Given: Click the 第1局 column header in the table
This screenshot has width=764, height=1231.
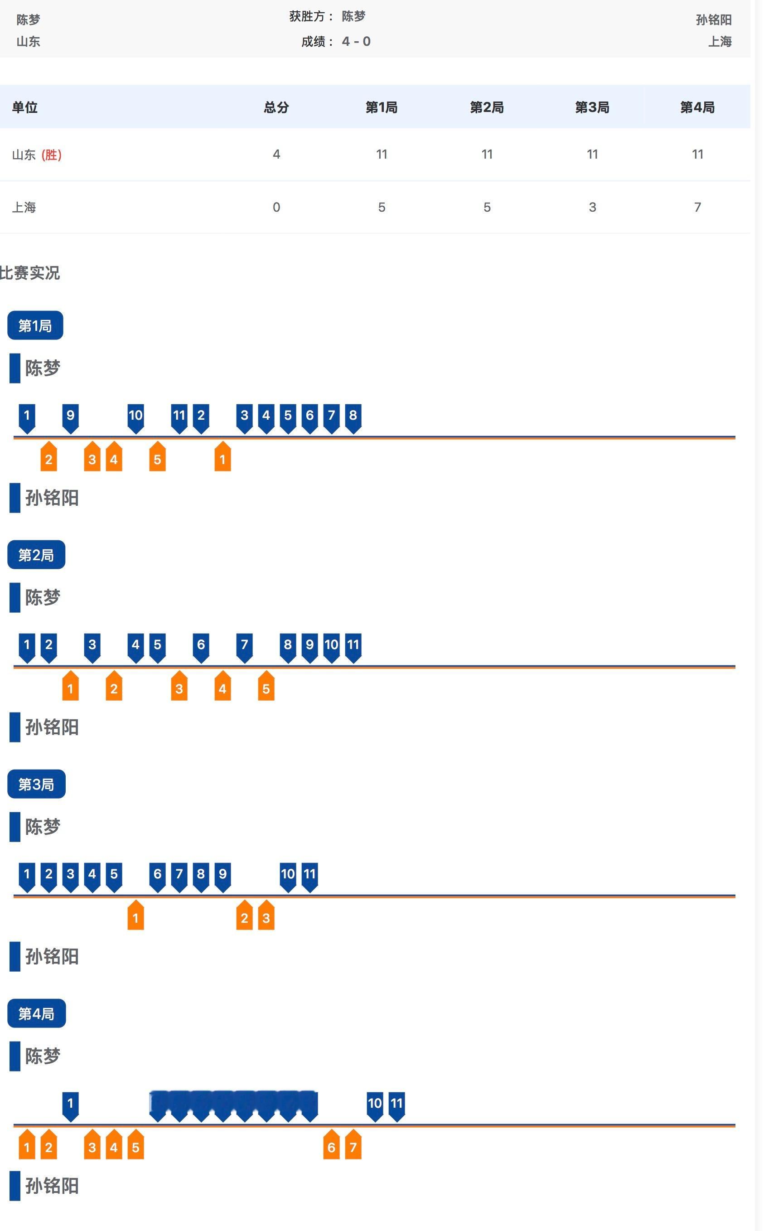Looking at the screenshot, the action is [x=381, y=107].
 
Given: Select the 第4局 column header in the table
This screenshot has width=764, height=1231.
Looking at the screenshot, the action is [x=697, y=107].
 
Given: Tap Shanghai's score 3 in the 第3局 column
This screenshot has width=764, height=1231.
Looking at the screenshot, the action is [x=592, y=207].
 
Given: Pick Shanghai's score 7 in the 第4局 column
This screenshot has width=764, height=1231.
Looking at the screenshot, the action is [x=697, y=207].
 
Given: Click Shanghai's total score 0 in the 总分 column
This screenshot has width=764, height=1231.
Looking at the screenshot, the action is [x=276, y=207].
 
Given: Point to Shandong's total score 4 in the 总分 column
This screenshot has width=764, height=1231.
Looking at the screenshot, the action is [x=276, y=154].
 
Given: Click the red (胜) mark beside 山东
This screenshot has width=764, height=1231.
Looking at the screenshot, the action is [x=51, y=155].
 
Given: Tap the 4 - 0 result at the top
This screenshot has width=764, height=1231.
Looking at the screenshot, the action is [x=356, y=41].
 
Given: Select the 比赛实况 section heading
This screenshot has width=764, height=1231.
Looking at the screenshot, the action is [x=30, y=273].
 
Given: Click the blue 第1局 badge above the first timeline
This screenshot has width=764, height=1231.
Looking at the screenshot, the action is [x=35, y=325].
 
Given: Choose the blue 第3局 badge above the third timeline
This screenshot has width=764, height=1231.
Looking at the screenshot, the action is [x=36, y=784].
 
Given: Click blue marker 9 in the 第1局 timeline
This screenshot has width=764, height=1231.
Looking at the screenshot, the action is [x=70, y=417].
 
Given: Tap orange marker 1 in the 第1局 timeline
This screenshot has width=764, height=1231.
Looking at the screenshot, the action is [x=222, y=458].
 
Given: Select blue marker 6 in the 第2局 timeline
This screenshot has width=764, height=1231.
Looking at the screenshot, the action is [x=201, y=646].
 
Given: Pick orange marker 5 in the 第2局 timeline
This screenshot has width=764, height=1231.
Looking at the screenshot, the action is [x=266, y=687].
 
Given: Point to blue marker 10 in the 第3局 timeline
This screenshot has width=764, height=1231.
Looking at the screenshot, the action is [x=287, y=875].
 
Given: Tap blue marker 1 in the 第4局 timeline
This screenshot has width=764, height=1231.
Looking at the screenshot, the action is [x=70, y=1105].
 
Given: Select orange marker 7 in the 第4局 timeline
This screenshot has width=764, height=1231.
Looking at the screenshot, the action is [x=353, y=1146].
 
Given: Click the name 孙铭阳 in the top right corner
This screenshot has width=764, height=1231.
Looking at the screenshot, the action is [x=713, y=19].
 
